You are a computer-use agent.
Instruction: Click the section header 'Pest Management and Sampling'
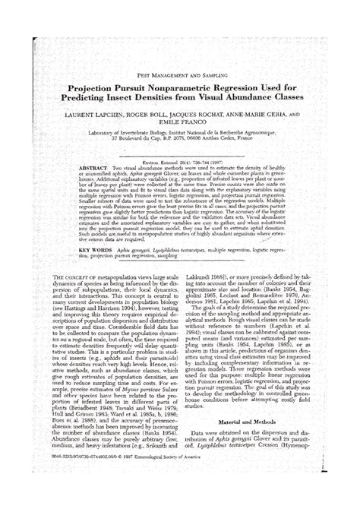click(x=179, y=77)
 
